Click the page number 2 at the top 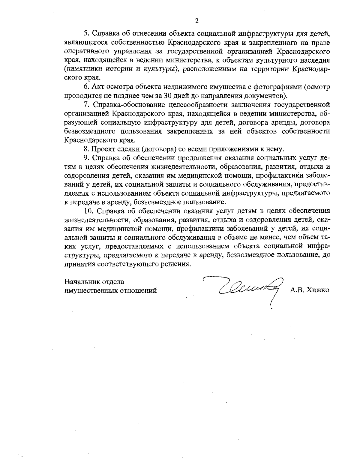pos(197,21)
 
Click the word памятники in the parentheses pos(82,69)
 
